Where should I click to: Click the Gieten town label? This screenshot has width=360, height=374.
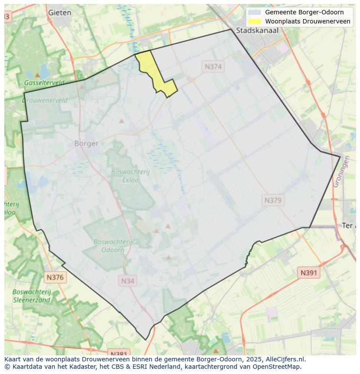[60, 13]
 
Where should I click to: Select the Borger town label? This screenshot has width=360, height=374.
[86, 143]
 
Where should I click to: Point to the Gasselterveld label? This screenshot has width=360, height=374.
[44, 83]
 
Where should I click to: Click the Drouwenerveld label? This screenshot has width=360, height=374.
[45, 100]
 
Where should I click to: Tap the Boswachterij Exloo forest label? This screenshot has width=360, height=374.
[130, 175]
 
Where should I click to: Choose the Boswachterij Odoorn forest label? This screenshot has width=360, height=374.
[113, 246]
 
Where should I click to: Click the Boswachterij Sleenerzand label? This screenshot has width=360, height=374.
[32, 296]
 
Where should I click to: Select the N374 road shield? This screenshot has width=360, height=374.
[213, 66]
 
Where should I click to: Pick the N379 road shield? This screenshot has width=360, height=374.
[273, 200]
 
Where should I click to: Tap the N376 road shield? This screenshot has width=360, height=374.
[55, 277]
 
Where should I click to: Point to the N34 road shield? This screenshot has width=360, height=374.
[127, 281]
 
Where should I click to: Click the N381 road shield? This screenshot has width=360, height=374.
[118, 353]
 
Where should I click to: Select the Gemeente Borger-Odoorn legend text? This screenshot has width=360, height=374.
[304, 12]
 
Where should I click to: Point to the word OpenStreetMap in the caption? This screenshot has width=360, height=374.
[279, 367]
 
